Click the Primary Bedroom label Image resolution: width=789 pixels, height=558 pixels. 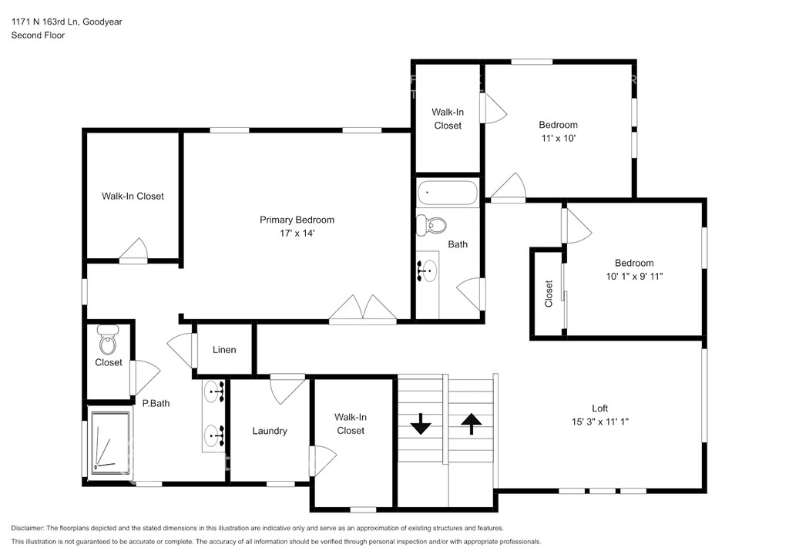[x=297, y=220]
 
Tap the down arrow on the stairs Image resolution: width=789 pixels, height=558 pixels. [x=421, y=424]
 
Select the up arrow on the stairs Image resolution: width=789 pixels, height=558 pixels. [x=471, y=424]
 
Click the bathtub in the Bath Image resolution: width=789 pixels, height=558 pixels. [x=447, y=193]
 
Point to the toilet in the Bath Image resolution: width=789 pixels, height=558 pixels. [x=431, y=225]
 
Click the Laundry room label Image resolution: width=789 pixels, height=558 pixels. [x=270, y=431]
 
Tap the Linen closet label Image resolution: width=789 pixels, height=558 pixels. [x=224, y=350]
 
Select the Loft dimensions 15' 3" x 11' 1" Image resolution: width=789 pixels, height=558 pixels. [x=599, y=422]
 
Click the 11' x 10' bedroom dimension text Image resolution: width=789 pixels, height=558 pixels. [x=558, y=139]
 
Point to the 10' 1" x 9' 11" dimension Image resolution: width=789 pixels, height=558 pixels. [x=634, y=276]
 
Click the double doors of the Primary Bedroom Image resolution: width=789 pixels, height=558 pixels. [x=363, y=308]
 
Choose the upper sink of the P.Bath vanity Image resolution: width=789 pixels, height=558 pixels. [x=213, y=392]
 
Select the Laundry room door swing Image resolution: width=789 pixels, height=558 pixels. [x=287, y=388]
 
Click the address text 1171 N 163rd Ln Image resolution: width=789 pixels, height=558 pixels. [x=45, y=22]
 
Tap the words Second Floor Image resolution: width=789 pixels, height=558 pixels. [x=38, y=35]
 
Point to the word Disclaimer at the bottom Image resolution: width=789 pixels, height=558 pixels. [x=27, y=528]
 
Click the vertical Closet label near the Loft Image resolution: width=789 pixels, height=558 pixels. [x=549, y=294]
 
